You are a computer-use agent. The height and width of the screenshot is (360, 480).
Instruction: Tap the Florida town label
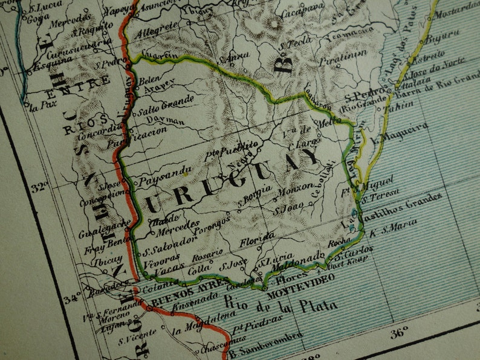click(x=258, y=241)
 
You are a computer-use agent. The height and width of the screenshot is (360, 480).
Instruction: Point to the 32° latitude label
click(x=41, y=187)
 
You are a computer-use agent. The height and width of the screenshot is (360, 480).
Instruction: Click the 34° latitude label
click(x=72, y=297)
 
